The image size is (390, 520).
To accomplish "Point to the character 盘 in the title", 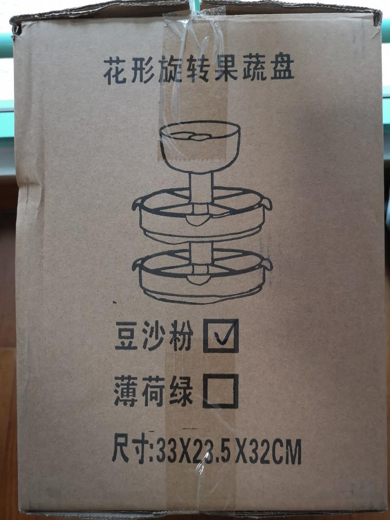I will point(282,71).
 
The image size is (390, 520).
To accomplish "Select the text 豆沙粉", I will point(154,338).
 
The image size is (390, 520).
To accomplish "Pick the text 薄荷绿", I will point(154,392).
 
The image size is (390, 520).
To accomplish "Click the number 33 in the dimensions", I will point(166,453).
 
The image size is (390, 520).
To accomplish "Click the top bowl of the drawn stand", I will point(200,140).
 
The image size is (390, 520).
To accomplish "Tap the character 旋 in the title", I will point(169,72).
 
